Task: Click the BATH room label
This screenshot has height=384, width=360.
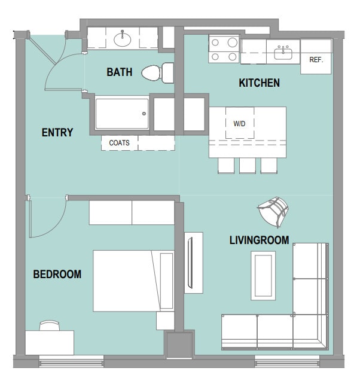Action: pos(120,72)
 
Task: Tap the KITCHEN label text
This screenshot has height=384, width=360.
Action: pos(260,83)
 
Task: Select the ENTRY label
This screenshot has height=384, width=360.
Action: pos(57,133)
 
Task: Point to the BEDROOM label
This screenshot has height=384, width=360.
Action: pos(57,274)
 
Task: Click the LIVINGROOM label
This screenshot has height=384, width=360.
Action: pos(260,240)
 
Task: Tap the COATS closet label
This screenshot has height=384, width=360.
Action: pos(119,142)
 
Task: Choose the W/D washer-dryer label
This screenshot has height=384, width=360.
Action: pos(240,123)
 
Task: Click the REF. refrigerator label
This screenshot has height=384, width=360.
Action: pos(316,60)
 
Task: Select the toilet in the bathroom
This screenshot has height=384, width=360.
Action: pos(158,73)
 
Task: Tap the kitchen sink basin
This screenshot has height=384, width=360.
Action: pos(283,53)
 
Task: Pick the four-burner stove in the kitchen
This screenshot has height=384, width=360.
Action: pos(224,49)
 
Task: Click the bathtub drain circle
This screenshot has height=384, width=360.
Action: pos(144,114)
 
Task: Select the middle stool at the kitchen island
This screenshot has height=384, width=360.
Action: pos(248,166)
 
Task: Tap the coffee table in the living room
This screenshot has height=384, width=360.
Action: pos(263,276)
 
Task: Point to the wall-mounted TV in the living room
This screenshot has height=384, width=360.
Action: pos(190,263)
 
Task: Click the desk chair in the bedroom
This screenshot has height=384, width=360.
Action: pos(50,325)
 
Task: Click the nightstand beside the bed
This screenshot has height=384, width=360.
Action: pos(165,321)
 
